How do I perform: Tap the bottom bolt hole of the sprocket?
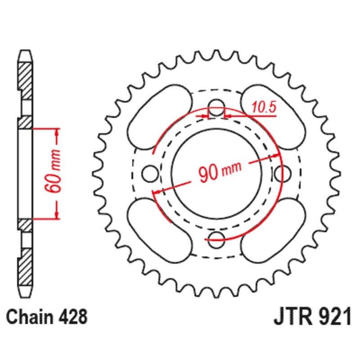(216, 238)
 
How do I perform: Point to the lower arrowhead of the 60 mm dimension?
(57, 215)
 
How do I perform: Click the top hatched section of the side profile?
(26, 76)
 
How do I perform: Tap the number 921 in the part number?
(333, 317)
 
